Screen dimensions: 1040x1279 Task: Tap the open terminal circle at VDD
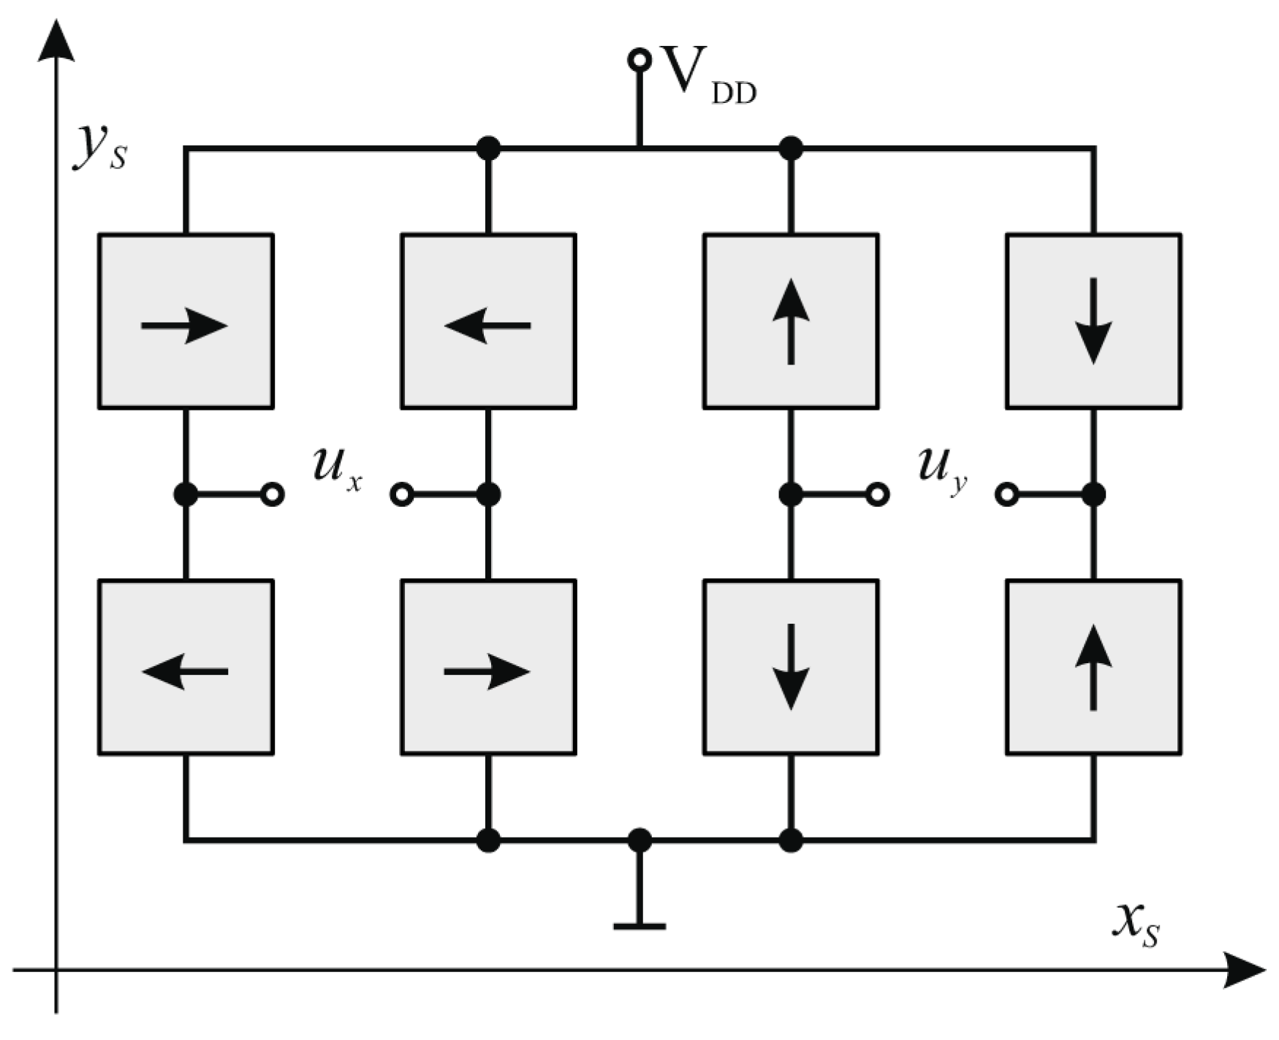(x=639, y=60)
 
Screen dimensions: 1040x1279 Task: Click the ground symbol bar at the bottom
(x=639, y=926)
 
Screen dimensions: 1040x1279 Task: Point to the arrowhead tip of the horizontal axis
(x=1263, y=971)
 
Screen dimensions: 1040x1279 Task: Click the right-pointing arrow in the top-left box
(x=185, y=326)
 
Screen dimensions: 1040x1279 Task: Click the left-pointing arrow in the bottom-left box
(x=185, y=671)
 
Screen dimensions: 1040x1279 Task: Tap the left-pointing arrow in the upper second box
(x=487, y=326)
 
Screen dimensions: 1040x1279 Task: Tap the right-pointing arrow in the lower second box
(x=487, y=671)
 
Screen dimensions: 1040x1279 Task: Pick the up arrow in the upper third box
(x=791, y=321)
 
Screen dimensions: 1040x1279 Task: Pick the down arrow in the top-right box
(x=1093, y=321)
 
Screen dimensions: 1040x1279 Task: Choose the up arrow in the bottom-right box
(x=1093, y=667)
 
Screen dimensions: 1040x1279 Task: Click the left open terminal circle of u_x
(x=273, y=494)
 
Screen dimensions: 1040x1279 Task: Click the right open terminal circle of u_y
(x=1007, y=494)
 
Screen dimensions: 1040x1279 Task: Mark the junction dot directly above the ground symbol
(x=639, y=840)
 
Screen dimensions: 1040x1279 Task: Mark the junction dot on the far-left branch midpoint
(x=186, y=494)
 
